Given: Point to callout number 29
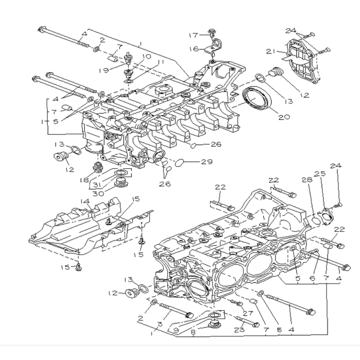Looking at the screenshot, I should (x=206, y=162).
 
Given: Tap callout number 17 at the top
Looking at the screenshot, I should (x=193, y=35).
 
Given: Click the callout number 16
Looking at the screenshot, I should (x=193, y=49).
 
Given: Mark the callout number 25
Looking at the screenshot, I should (x=323, y=175).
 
